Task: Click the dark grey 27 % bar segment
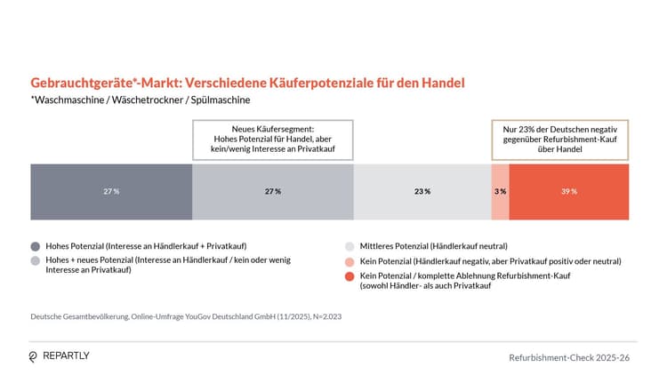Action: [111, 191]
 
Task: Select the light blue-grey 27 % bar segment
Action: [273, 191]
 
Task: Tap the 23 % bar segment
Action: [422, 191]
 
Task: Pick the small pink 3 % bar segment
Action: [500, 191]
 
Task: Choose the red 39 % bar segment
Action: [569, 191]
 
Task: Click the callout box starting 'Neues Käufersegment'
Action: [273, 140]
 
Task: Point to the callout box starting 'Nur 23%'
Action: [560, 140]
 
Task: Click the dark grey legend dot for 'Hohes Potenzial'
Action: [36, 246]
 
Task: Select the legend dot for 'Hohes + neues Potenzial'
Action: [36, 260]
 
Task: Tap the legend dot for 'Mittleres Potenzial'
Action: [350, 246]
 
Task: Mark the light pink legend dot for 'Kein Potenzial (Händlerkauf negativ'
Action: [350, 261]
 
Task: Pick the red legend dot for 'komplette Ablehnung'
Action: [350, 276]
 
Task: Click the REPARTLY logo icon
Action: [34, 356]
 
